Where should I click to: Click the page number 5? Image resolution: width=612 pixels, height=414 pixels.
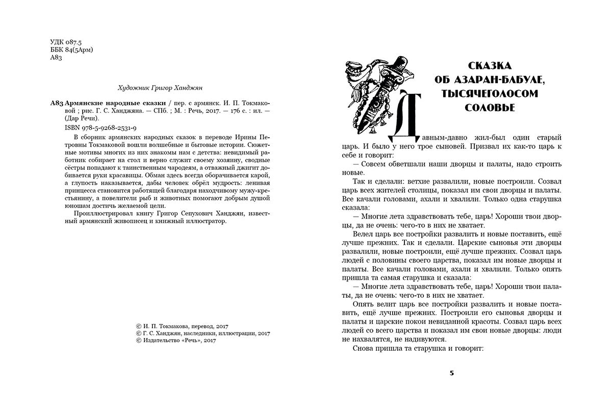pyautogui.click(x=451, y=373)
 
